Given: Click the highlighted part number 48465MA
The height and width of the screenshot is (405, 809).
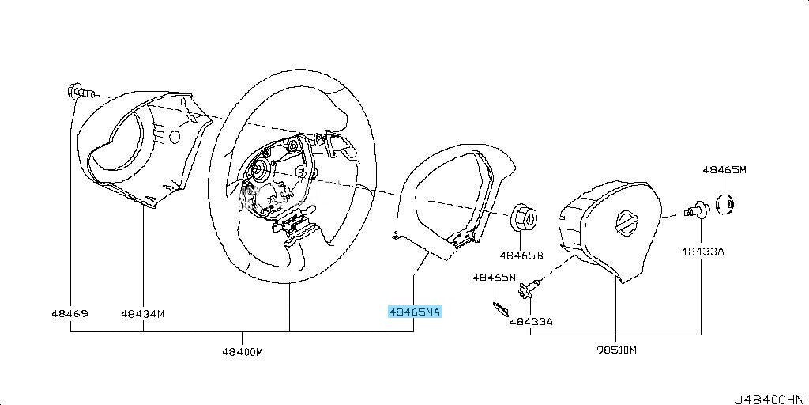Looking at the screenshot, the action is [x=415, y=312].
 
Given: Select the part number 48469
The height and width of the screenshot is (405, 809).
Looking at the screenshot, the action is [x=70, y=313].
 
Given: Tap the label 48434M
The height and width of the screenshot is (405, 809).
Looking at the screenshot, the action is [x=143, y=313].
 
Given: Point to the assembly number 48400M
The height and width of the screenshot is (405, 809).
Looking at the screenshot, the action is [x=243, y=351].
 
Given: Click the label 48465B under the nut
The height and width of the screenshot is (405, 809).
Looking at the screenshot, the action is [x=521, y=255].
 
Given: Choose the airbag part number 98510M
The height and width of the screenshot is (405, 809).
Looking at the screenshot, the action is [x=615, y=350].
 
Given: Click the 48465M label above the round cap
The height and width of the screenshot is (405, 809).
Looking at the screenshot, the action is [x=724, y=169].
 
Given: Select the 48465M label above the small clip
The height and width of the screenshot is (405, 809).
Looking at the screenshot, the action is [x=495, y=278].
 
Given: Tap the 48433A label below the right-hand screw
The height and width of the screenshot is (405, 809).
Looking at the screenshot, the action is [x=702, y=252].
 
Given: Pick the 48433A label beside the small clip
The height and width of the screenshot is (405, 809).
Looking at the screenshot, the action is [x=532, y=321].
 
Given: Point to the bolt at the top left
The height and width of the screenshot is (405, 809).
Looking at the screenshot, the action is [x=81, y=93].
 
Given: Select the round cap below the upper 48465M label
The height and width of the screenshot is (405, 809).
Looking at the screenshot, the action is [x=725, y=204].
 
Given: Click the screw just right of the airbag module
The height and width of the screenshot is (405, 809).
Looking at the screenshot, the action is [x=697, y=210].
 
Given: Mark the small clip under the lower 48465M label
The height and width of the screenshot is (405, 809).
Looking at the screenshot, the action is [x=501, y=309].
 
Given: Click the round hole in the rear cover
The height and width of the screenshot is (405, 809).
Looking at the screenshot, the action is [x=175, y=136].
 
